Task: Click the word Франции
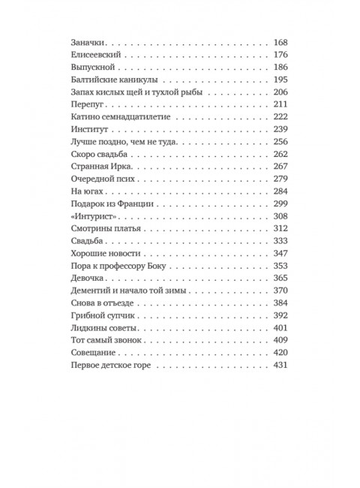point(155,206)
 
